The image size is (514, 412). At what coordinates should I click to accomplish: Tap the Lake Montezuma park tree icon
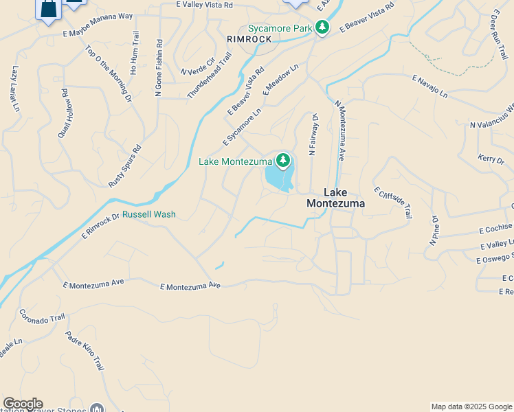[x=283, y=160]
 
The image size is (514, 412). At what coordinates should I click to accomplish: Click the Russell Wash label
[x=149, y=214]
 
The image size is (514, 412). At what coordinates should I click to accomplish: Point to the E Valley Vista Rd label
[x=204, y=5]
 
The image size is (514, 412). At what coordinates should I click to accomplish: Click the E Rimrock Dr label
[x=101, y=225]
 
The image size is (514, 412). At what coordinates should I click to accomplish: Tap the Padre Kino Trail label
[x=85, y=351]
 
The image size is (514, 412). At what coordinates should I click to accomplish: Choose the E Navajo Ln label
[x=429, y=86]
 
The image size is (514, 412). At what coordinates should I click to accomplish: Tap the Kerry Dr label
[x=491, y=159]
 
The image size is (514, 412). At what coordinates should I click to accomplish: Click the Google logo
[x=22, y=404]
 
